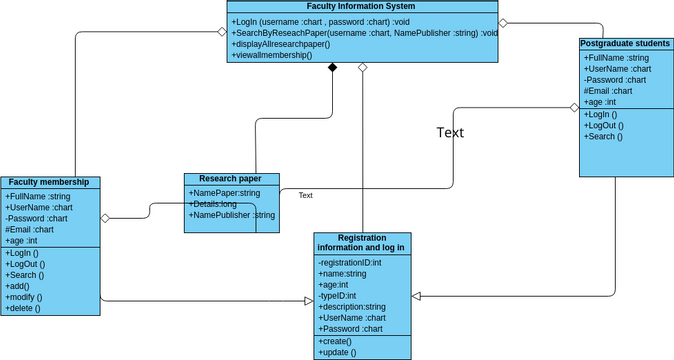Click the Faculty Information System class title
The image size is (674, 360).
tap(362, 7)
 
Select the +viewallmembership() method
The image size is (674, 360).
tap(272, 56)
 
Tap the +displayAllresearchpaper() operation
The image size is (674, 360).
tap(282, 44)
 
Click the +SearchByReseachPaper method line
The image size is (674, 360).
tap(365, 33)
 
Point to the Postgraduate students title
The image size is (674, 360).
tap(624, 44)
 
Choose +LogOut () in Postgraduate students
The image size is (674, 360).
tap(603, 125)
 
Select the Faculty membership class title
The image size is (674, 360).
tap(50, 182)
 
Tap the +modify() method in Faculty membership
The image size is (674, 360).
tap(24, 297)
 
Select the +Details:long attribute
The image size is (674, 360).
tap(213, 203)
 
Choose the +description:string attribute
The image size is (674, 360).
tap(352, 306)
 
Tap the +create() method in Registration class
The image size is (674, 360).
tap(336, 341)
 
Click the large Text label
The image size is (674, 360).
tap(450, 132)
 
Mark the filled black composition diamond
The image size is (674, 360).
tap(333, 68)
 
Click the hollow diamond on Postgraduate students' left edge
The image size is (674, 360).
tap(574, 107)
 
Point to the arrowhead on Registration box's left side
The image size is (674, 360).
tap(309, 300)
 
